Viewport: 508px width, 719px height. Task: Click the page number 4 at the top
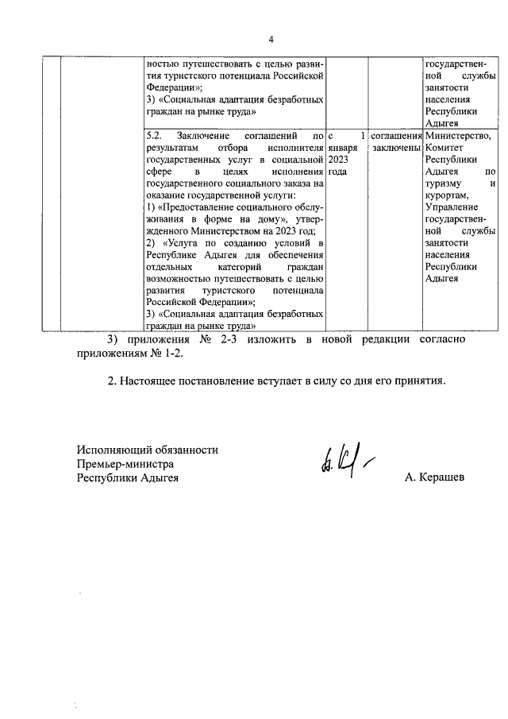(x=270, y=39)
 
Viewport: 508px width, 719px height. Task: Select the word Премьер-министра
(x=125, y=463)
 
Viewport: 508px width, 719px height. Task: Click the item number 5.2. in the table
(x=156, y=137)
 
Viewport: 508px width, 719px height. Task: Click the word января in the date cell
(x=343, y=149)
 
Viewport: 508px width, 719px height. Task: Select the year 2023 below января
(x=339, y=160)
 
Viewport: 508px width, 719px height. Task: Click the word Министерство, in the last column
(x=458, y=137)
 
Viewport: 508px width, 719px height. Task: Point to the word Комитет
(x=446, y=149)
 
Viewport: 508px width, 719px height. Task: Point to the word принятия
(x=420, y=380)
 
